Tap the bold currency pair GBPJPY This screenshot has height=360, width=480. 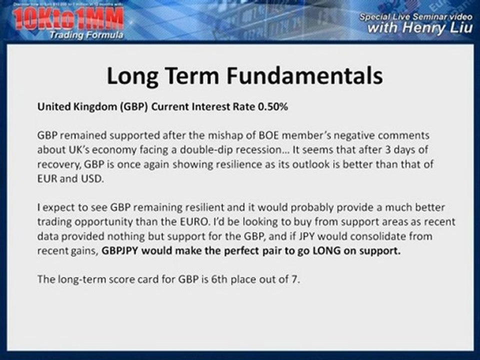pyautogui.click(x=120, y=250)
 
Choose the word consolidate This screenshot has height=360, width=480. pyautogui.click(x=368, y=236)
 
